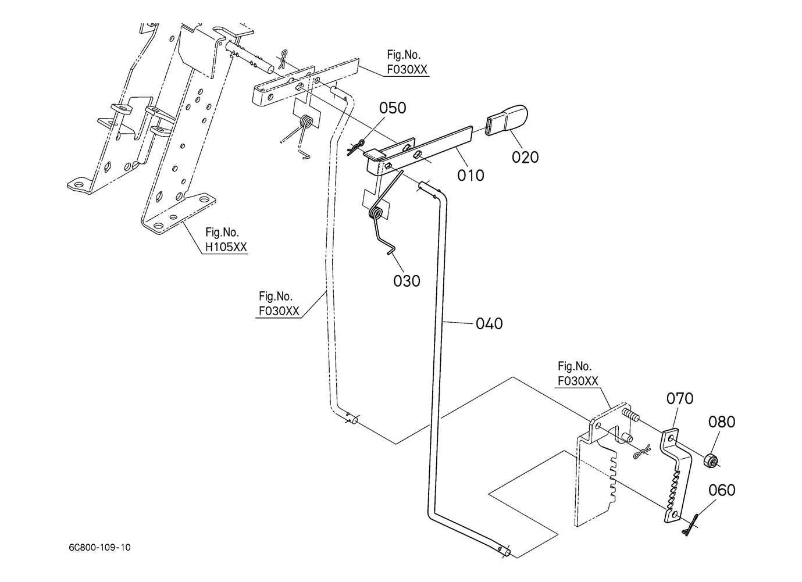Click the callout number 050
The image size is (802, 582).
(393, 108)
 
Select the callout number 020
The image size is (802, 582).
(525, 157)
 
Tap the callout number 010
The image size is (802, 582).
(470, 175)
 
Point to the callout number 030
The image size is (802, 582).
(407, 281)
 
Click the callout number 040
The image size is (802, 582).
(489, 323)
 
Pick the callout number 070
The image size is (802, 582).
(679, 399)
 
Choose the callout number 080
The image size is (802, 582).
(721, 422)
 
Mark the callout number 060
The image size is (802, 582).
(722, 490)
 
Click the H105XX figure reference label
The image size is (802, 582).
(226, 247)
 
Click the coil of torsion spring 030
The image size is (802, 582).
(377, 213)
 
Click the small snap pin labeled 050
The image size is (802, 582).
(355, 147)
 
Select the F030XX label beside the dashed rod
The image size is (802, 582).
(279, 310)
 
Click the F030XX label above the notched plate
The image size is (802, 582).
(578, 381)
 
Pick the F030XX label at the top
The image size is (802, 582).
(407, 69)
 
